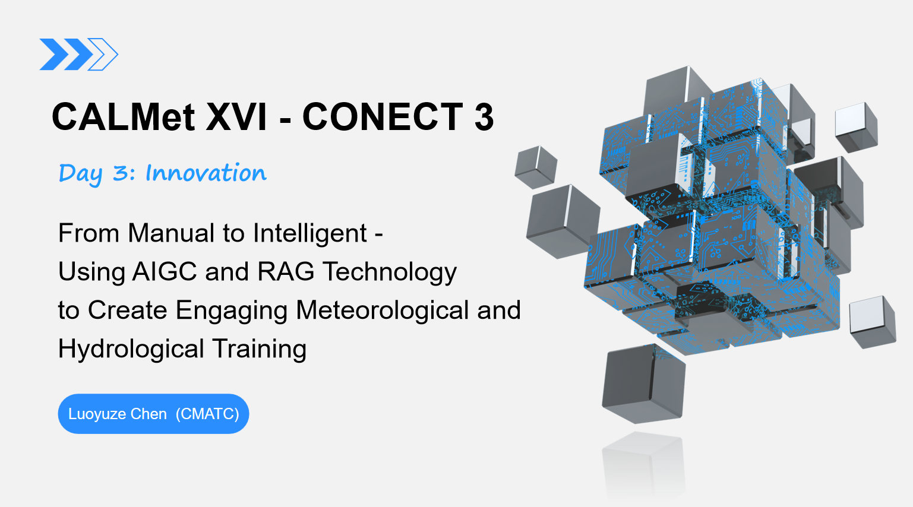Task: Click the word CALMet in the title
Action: point(124,117)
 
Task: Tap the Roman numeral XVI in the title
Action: point(236,117)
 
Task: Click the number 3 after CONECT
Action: point(484,117)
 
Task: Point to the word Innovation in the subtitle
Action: point(206,173)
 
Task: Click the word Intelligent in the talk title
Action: point(309,233)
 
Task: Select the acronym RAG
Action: point(286,271)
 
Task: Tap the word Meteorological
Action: point(383,310)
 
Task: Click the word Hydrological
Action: point(131,349)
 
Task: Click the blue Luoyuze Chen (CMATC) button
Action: point(153,414)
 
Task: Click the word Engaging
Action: point(232,311)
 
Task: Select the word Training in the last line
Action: point(259,350)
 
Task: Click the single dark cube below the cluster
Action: point(643,384)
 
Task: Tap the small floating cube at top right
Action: point(857,128)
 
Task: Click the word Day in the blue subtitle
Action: point(80,173)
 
